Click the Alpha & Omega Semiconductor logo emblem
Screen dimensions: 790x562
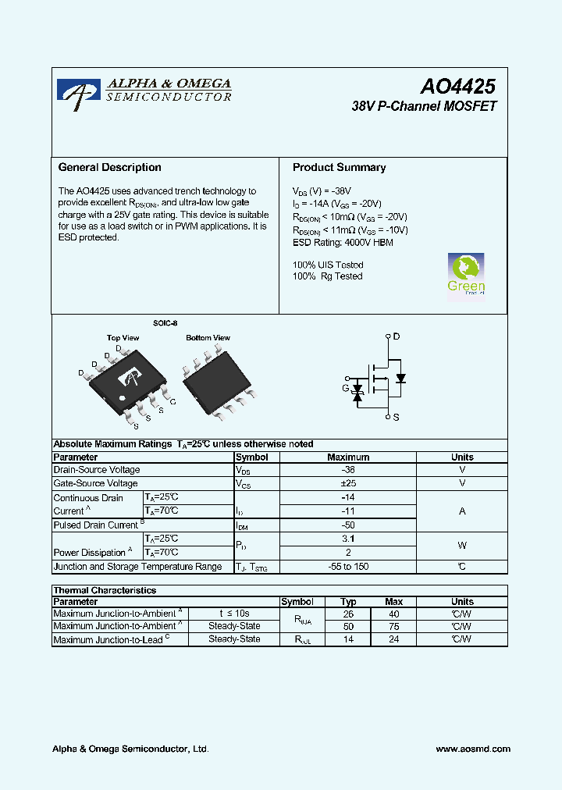(78, 92)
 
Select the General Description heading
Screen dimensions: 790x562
(110, 168)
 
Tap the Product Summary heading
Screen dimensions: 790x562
(339, 168)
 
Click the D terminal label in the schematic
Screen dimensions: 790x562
(397, 336)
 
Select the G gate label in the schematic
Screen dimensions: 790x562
(346, 388)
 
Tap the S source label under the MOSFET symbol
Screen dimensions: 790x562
(396, 418)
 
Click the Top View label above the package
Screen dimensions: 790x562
(123, 338)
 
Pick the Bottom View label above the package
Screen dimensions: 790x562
(208, 338)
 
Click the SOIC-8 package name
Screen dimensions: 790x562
(165, 322)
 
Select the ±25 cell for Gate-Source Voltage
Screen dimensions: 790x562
(348, 484)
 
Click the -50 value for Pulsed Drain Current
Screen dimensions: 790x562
(348, 525)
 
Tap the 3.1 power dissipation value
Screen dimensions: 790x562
(348, 539)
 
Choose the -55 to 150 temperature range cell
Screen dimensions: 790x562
(348, 567)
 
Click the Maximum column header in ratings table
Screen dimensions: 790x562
(348, 457)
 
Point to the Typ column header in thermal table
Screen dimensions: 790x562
(348, 602)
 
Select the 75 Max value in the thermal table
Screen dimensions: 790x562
(393, 626)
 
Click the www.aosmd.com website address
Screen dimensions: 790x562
(473, 749)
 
